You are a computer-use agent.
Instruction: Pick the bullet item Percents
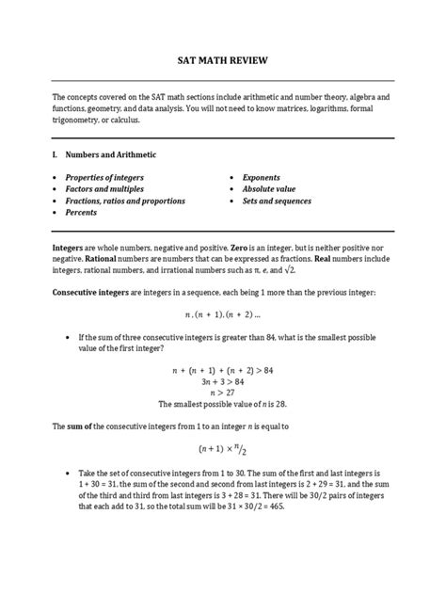pyautogui.click(x=81, y=213)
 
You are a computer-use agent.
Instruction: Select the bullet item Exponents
pyautogui.click(x=261, y=177)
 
